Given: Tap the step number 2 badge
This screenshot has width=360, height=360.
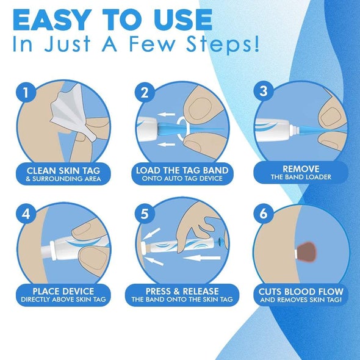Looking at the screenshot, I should coord(143,93).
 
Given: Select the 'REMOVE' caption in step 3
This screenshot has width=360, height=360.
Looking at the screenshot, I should coord(300,168).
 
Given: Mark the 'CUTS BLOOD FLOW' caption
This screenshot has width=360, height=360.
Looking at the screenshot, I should coord(300,291).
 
